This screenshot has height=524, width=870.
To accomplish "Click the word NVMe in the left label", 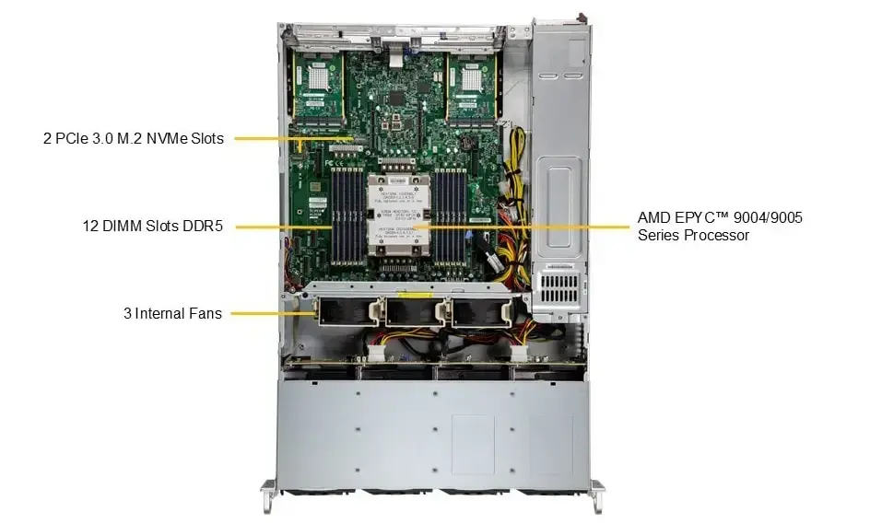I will (143, 138).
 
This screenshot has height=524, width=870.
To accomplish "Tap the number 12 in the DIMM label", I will (88, 226).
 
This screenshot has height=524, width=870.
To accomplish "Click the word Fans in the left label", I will (204, 313).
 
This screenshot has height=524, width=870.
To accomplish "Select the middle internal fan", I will (411, 311).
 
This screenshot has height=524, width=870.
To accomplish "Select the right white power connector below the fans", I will (518, 355).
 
